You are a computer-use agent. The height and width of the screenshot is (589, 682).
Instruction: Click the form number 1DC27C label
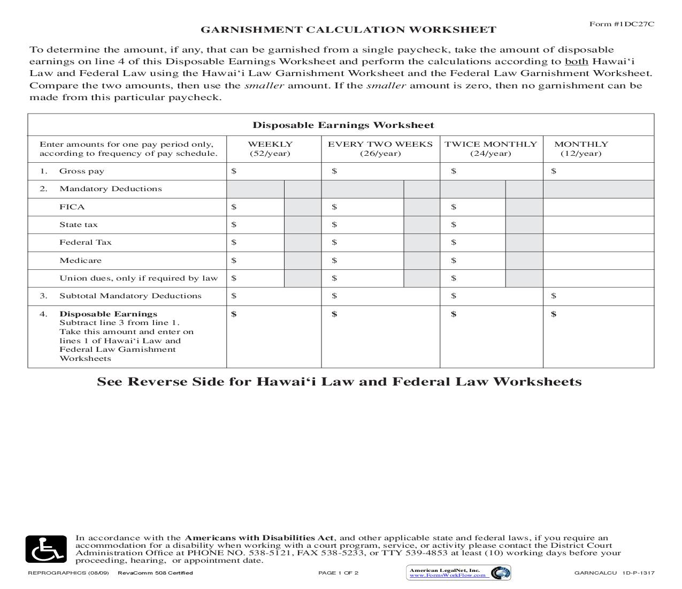[x=622, y=24]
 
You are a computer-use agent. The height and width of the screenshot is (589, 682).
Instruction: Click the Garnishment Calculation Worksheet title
[x=348, y=30]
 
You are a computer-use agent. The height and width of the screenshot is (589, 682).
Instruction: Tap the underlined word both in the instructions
[x=577, y=62]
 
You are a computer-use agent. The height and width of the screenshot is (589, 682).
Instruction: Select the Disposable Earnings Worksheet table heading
[x=343, y=125]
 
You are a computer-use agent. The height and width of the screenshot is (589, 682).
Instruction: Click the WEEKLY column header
[x=270, y=144]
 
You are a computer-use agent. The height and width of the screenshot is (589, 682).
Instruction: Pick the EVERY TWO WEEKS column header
[x=380, y=144]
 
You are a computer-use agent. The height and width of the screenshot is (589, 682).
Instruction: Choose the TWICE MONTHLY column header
[x=491, y=144]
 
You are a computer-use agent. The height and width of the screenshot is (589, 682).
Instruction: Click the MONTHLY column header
[x=581, y=144]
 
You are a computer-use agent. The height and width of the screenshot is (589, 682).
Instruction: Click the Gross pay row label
[x=81, y=171]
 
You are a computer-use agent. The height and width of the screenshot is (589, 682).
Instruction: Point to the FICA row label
[x=72, y=207]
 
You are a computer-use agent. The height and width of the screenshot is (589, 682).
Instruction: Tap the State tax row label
[x=78, y=225]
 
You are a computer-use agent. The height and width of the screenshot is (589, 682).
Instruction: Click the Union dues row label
[x=139, y=278]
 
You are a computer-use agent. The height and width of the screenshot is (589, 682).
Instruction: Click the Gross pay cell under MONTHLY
[x=598, y=171]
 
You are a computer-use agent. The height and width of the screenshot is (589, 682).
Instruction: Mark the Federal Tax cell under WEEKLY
[x=255, y=243]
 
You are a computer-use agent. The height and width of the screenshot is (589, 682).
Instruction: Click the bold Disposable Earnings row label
[x=108, y=314]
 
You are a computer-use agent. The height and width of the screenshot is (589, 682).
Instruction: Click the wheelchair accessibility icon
[x=46, y=549]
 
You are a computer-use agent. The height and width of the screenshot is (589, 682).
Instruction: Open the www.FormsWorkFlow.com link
[x=448, y=576]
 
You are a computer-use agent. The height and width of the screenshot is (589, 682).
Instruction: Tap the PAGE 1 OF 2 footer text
[x=338, y=573]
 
